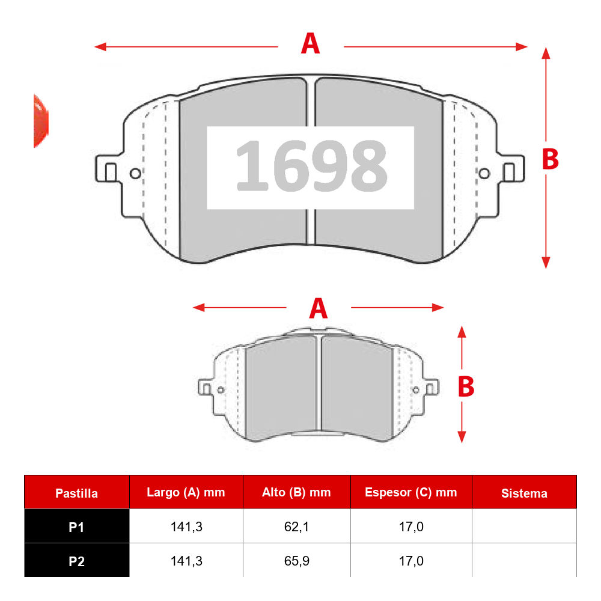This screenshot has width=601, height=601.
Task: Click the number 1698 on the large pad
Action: point(311,165)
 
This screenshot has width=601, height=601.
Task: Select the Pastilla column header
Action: point(77,493)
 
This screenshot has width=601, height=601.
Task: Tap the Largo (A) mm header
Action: point(186,492)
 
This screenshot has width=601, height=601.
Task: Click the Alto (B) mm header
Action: point(296,492)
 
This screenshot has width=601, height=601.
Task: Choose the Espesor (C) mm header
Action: point(411,492)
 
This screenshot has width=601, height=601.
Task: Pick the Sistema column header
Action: point(524,493)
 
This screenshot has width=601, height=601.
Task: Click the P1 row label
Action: point(77,527)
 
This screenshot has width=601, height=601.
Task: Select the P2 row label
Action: point(77,561)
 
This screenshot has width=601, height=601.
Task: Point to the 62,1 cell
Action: point(297,527)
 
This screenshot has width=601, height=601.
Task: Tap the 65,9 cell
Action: point(297,561)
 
